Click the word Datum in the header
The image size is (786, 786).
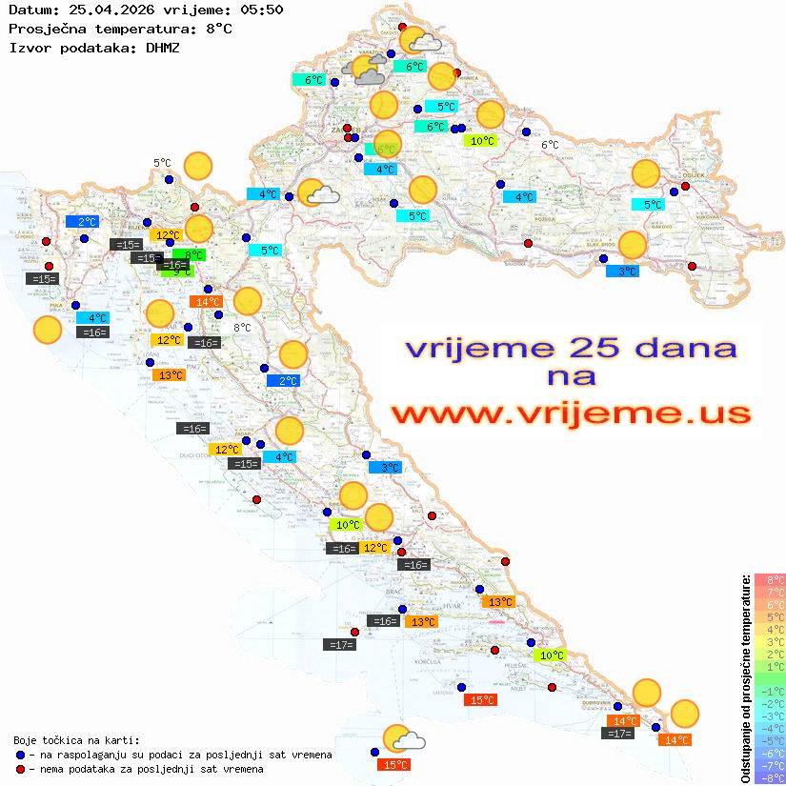click(30, 10)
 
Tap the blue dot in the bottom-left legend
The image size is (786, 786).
click(21, 755)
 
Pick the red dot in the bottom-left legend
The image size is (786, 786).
click(21, 769)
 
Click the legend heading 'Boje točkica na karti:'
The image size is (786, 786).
click(76, 740)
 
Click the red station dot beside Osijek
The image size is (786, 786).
click(685, 187)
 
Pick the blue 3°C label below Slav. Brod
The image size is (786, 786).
click(622, 272)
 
